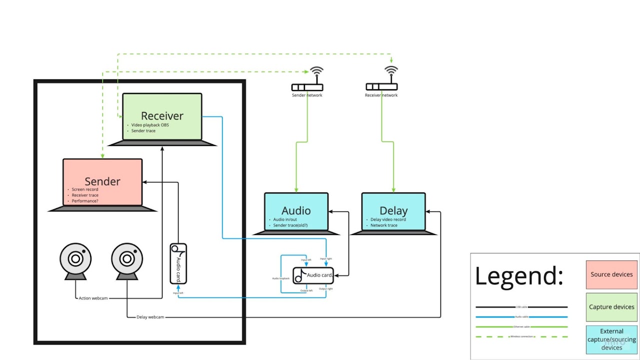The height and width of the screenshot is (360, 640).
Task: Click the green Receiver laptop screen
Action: coord(162,116)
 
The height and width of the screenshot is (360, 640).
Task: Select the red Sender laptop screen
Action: coord(102,181)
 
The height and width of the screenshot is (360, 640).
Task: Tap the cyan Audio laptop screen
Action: coord(296,211)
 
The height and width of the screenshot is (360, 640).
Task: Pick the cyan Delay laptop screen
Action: coord(393,211)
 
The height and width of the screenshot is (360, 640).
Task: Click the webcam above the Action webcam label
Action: coord(75,260)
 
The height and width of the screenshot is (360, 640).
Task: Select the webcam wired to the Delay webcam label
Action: coord(127,260)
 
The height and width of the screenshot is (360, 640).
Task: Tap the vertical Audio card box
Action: coord(178,263)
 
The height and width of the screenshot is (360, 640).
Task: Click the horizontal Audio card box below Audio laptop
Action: coord(313,275)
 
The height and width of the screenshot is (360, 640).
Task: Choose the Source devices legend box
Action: coord(611,274)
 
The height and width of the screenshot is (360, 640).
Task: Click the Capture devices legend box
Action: coord(611,307)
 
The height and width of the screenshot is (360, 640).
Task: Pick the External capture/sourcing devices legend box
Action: coord(611,339)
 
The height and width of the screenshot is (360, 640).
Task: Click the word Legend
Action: coord(518,275)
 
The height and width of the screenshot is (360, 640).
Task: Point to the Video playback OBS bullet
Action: coord(149,125)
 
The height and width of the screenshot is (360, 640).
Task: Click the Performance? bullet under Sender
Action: coord(85,201)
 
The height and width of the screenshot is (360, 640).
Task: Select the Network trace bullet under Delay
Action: coord(383,225)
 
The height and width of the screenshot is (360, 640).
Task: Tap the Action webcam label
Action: coord(93,298)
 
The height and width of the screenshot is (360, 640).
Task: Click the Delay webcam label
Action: coord(150,317)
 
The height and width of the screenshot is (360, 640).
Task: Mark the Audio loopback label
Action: coord(280,278)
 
